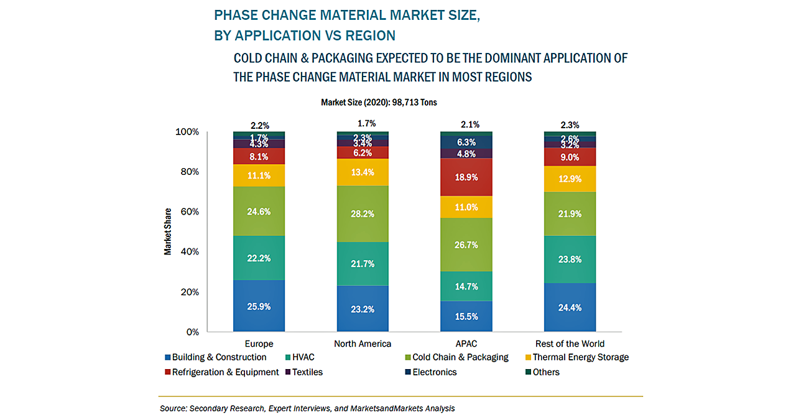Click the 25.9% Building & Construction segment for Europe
pyautogui.click(x=259, y=306)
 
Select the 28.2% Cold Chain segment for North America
pyautogui.click(x=363, y=214)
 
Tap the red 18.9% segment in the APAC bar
pyautogui.click(x=466, y=177)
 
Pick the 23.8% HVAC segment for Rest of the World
pyautogui.click(x=570, y=260)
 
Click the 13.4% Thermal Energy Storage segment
pyautogui.click(x=363, y=172)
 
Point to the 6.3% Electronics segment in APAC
pyautogui.click(x=466, y=142)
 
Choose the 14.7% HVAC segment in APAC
pyautogui.click(x=466, y=286)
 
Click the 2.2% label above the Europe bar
pyautogui.click(x=259, y=124)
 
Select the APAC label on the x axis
pyautogui.click(x=466, y=344)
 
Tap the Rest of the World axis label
pyautogui.click(x=570, y=344)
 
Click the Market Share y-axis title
pyautogui.click(x=168, y=232)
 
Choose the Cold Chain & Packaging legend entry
pyautogui.click(x=460, y=357)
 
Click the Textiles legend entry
pyautogui.click(x=308, y=372)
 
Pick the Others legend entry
pyautogui.click(x=545, y=372)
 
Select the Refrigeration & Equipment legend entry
pyautogui.click(x=225, y=372)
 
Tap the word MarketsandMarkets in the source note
pyautogui.click(x=386, y=408)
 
